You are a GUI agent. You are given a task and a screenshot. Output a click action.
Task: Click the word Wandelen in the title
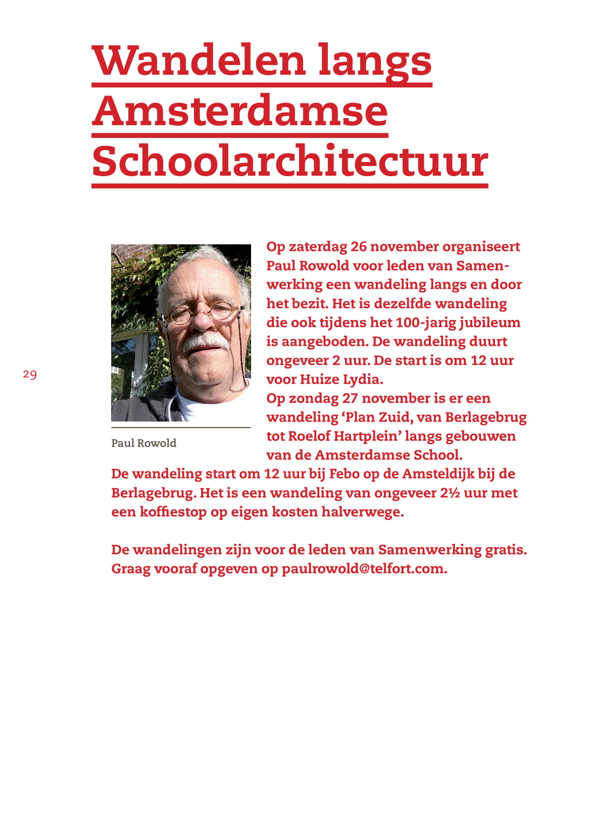pyautogui.click(x=199, y=61)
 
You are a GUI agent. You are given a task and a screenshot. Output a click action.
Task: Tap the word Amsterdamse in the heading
pyautogui.click(x=240, y=111)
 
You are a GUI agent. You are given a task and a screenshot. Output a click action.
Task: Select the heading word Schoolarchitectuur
pyautogui.click(x=290, y=162)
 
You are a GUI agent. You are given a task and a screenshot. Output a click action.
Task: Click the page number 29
pyautogui.click(x=30, y=375)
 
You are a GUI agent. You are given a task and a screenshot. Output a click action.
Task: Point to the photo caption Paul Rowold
pyautogui.click(x=143, y=443)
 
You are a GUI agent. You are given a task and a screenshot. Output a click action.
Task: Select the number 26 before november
pyautogui.click(x=358, y=247)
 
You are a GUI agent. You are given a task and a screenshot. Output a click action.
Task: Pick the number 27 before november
pyautogui.click(x=350, y=398)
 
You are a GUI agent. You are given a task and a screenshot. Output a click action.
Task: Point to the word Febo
pyautogui.click(x=344, y=474)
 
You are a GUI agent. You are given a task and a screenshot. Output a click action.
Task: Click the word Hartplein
pyautogui.click(x=364, y=436)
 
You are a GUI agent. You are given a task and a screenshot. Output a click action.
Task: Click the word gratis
pyautogui.click(x=506, y=550)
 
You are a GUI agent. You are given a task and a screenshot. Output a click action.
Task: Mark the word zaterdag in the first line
pyautogui.click(x=318, y=247)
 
